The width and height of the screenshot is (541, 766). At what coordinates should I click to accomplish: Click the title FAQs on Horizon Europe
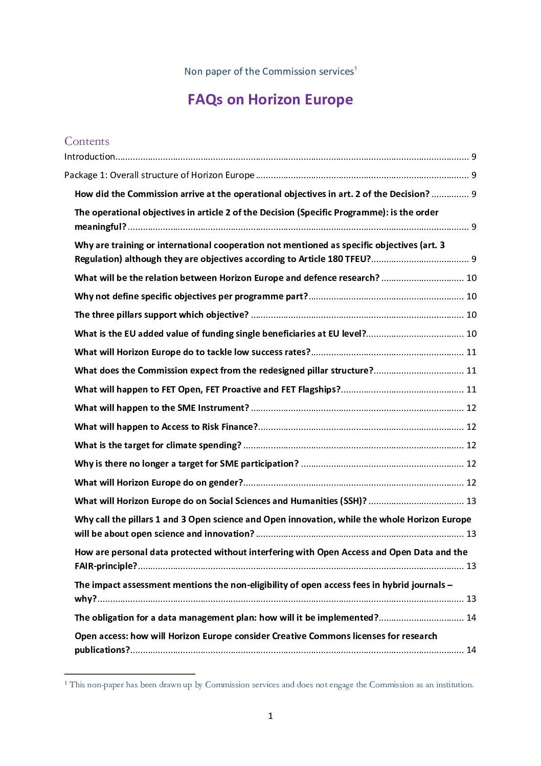[270, 99]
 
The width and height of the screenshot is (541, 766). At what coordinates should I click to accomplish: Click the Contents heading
[87, 141]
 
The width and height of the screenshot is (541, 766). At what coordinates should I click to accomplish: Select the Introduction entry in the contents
[89, 157]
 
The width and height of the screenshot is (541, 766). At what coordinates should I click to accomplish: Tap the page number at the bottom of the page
[270, 716]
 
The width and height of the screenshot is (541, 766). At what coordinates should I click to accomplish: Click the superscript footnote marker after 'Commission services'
[355, 68]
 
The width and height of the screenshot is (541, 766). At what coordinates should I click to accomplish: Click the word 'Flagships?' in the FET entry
[319, 389]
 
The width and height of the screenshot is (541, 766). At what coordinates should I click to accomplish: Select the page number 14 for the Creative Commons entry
[471, 650]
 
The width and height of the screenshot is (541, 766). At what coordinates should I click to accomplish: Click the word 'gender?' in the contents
[226, 483]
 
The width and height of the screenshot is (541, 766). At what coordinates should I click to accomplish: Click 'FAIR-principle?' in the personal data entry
[106, 566]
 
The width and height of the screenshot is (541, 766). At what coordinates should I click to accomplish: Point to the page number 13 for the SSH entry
[471, 501]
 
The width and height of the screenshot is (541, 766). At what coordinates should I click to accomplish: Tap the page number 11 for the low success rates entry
[471, 352]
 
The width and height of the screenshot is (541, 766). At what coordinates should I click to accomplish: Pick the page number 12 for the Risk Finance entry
[471, 427]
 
